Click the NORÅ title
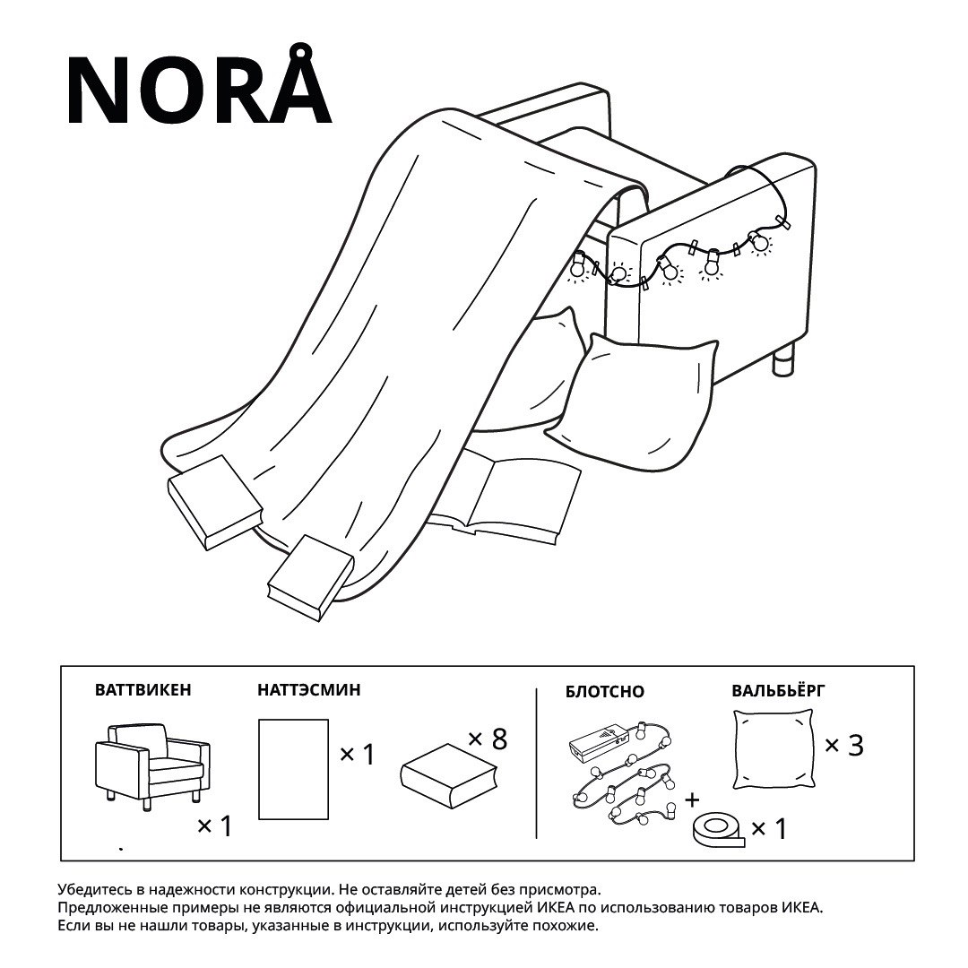click(x=199, y=85)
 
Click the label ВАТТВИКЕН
click(x=143, y=689)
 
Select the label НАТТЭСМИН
click(x=308, y=689)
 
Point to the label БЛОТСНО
click(x=604, y=691)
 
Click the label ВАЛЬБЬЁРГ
click(x=778, y=689)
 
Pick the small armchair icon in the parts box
click(x=152, y=766)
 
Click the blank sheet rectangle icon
click(x=293, y=769)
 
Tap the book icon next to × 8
click(x=449, y=775)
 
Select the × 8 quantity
click(x=488, y=739)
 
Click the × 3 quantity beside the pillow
click(x=844, y=745)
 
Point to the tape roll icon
click(x=719, y=830)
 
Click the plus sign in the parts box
click(x=692, y=800)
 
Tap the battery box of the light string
click(x=599, y=741)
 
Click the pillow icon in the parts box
click(x=774, y=749)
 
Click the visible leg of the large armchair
click(x=782, y=360)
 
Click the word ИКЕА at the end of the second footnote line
click(x=802, y=908)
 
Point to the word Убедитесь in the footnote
click(x=91, y=890)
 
